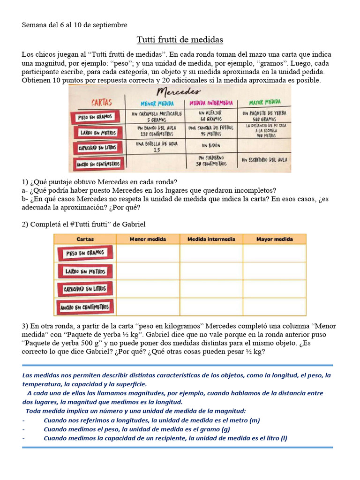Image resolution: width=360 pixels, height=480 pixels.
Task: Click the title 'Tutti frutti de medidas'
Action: (x=180, y=39)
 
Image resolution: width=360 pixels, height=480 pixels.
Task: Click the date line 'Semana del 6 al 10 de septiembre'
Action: (x=75, y=24)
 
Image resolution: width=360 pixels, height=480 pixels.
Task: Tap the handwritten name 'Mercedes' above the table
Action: (x=180, y=90)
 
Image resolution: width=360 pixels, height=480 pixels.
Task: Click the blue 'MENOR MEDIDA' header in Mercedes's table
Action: (x=157, y=103)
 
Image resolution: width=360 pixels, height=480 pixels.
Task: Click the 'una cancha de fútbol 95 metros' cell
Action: (x=210, y=131)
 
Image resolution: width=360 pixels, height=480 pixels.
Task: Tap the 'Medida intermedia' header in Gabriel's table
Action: (x=211, y=239)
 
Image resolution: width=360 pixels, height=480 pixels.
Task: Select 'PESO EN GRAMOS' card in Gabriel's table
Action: (x=85, y=253)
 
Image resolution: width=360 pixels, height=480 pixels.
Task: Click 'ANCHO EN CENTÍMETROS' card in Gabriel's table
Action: (x=85, y=307)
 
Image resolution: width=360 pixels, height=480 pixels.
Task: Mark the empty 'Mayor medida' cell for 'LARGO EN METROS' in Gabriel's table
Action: (x=274, y=271)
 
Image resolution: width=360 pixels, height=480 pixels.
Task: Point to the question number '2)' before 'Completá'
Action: (x=26, y=225)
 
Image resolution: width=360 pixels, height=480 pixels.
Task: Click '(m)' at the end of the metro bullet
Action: (x=254, y=420)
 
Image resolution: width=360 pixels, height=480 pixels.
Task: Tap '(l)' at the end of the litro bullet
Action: (x=284, y=438)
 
